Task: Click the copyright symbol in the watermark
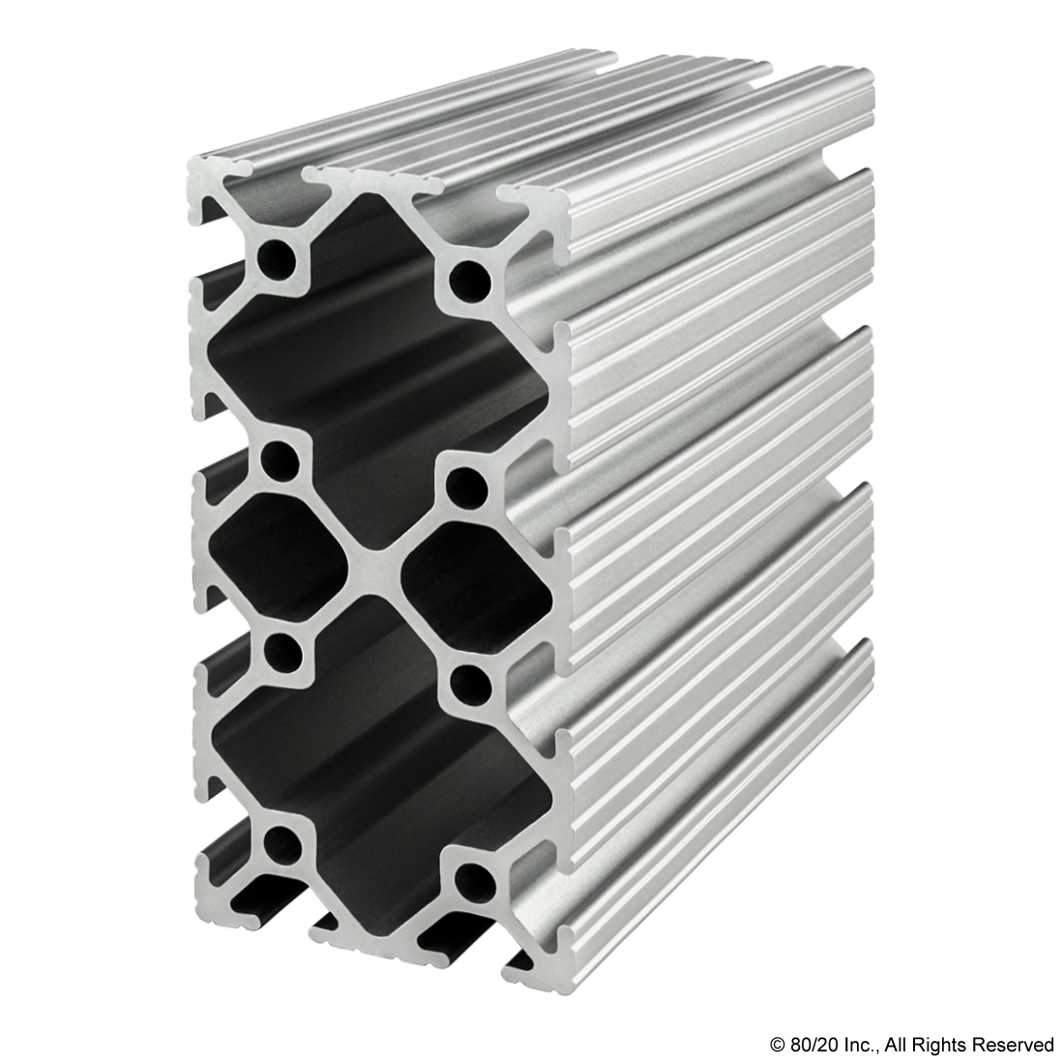(x=777, y=1043)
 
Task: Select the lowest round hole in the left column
(x=281, y=842)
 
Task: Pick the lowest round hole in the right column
(x=473, y=880)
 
